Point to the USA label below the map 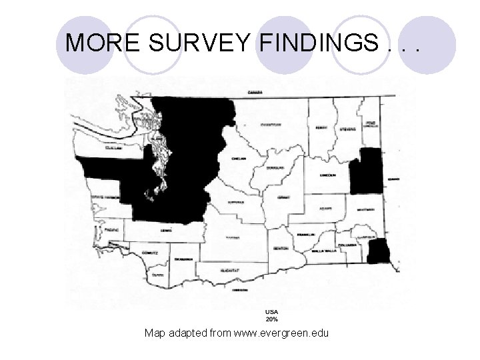[272, 312]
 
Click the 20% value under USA [272, 319]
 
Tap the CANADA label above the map [254, 91]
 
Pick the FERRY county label [321, 126]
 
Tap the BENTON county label [280, 248]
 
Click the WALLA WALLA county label [321, 252]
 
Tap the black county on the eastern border [366, 171]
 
